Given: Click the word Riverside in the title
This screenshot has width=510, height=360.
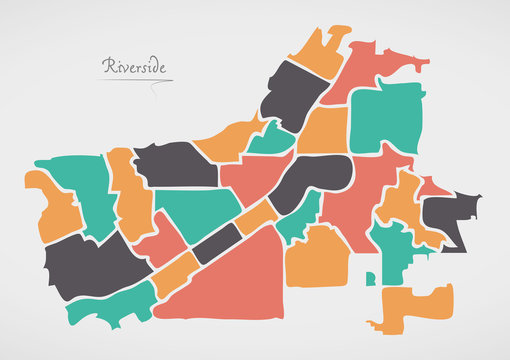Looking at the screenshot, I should [x=136, y=67].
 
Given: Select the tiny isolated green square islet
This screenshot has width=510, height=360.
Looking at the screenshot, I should [x=370, y=277].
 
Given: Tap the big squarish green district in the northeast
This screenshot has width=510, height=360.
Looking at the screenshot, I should [x=385, y=120].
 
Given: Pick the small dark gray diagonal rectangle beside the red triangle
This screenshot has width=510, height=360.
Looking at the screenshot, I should [x=217, y=243].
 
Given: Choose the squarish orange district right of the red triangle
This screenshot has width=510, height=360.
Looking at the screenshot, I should [x=318, y=257].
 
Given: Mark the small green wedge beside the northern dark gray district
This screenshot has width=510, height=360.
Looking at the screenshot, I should [x=272, y=140].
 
